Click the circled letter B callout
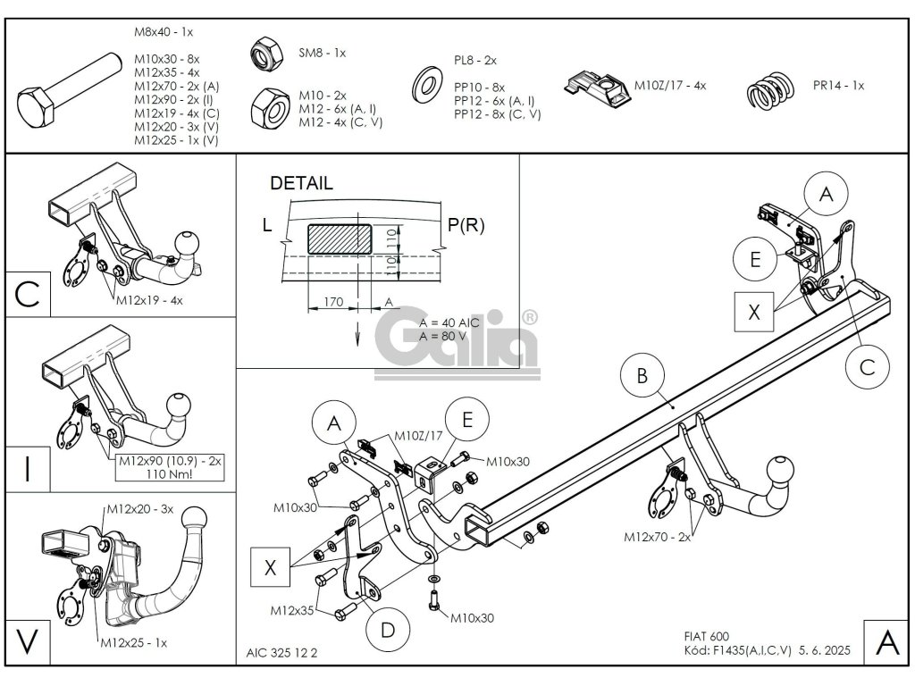pos(642,377)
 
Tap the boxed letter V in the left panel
pos(28,640)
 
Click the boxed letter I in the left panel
pos(28,467)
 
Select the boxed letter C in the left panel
pos(28,294)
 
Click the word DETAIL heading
pos(301,184)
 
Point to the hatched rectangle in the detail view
pos(340,239)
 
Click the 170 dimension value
pos(332,302)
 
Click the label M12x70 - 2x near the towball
pos(659,537)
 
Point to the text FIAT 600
pos(699,636)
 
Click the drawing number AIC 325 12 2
pos(281,653)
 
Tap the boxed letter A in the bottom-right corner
pos(886,641)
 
